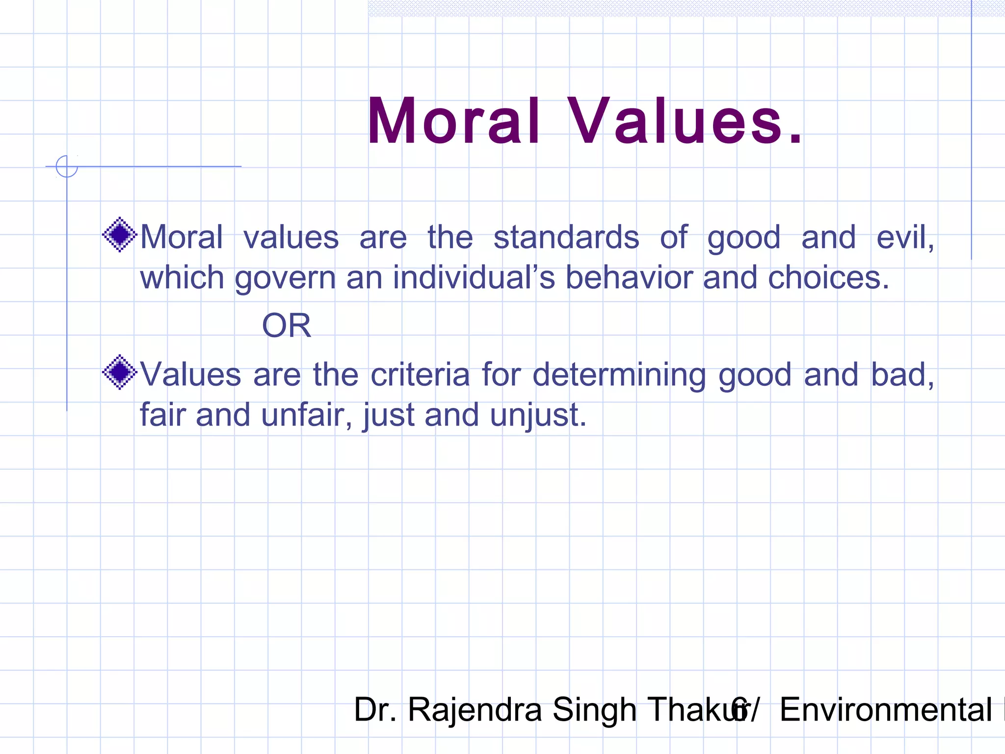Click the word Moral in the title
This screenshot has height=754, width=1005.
point(454,121)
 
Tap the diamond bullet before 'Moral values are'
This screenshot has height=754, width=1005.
point(119,235)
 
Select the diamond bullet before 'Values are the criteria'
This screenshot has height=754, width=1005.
point(119,372)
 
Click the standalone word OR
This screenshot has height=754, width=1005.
point(287,325)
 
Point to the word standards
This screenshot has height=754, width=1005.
point(566,237)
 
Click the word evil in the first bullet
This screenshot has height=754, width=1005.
point(903,237)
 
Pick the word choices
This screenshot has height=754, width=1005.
point(827,277)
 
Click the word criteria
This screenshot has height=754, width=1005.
point(420,375)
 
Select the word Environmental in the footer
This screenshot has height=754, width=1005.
point(885,710)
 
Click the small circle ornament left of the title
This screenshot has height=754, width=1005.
point(67,166)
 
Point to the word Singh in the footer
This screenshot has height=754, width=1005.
point(594,710)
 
